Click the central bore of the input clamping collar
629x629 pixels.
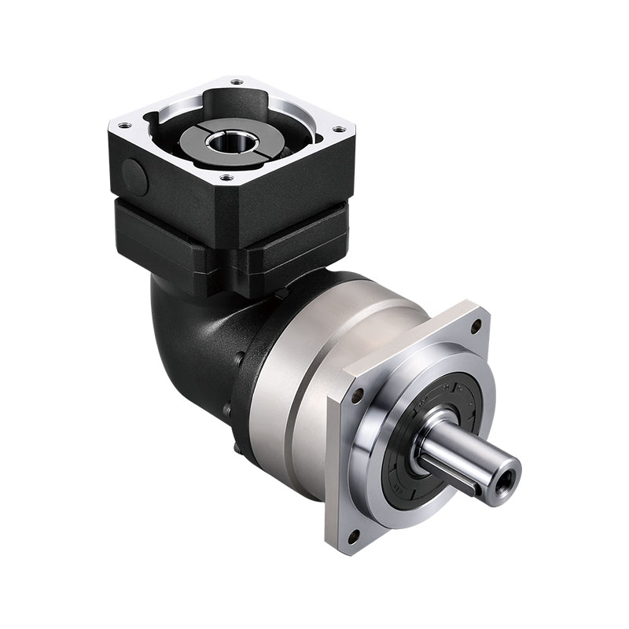coord(232,142)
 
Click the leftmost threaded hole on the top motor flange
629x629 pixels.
coord(123,126)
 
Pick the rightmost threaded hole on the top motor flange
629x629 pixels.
coord(339,129)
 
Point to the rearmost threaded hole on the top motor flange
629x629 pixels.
coord(235,80)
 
